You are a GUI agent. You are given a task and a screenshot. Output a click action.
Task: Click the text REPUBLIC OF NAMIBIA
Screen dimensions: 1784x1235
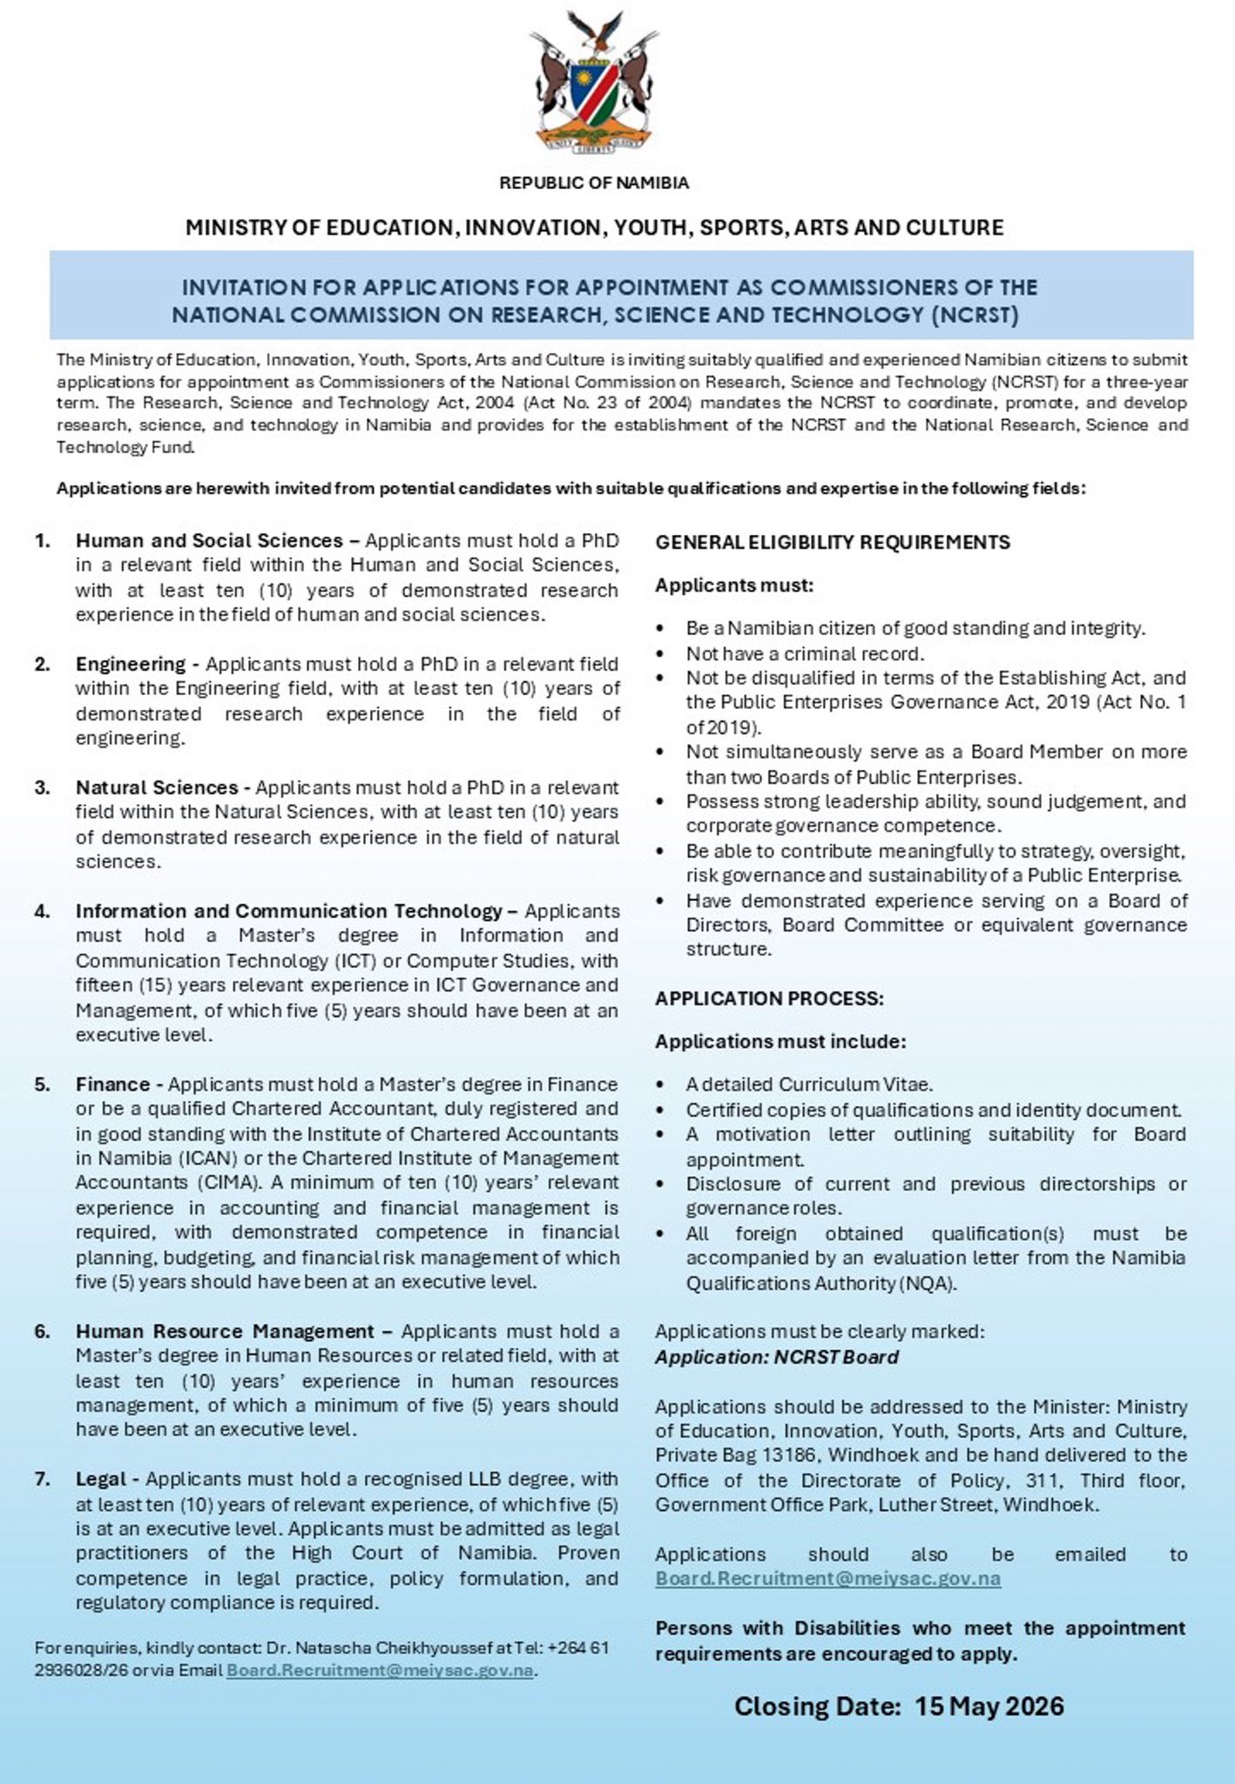594,183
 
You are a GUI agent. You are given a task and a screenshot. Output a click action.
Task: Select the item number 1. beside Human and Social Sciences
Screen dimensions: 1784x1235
43,541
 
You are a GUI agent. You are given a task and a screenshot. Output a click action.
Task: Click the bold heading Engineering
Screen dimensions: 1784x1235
131,665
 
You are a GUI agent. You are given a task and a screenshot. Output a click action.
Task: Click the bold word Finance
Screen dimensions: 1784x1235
112,1085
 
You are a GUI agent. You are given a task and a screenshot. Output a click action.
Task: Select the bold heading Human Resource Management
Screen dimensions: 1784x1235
225,1332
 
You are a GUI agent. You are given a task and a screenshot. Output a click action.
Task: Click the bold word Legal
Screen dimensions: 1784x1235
101,1479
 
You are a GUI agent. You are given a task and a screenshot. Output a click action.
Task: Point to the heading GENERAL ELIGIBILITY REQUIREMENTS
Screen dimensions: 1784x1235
833,543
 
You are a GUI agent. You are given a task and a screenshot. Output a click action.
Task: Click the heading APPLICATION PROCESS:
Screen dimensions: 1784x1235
769,999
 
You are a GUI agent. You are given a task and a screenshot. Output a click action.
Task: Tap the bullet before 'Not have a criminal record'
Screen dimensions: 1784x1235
665,654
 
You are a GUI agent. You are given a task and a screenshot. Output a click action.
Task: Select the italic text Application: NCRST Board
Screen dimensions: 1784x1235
777,1357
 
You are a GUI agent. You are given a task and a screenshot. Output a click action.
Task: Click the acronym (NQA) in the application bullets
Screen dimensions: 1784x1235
928,1284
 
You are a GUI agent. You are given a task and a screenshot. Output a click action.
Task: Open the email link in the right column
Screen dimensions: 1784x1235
827,1578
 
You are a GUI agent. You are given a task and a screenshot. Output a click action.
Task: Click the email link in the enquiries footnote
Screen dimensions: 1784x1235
380,1671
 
